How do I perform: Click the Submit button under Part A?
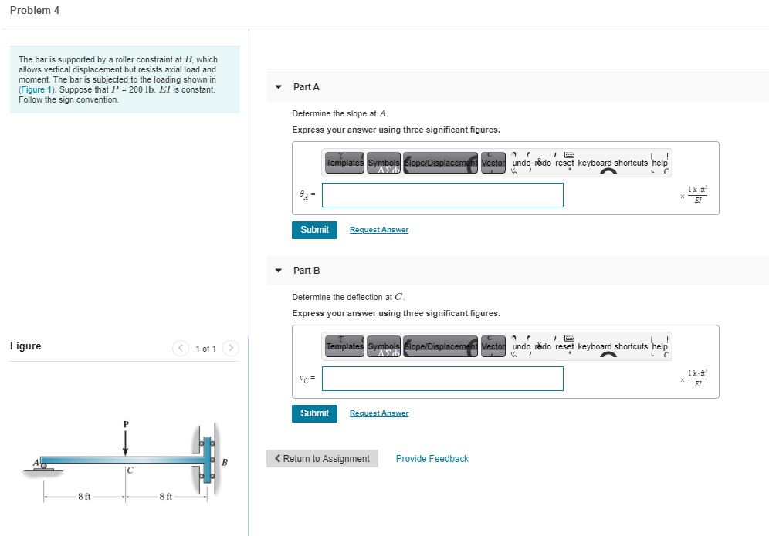314,230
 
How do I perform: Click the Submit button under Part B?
314,413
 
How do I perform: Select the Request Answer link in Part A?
378,230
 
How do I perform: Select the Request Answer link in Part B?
378,413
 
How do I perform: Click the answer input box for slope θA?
442,195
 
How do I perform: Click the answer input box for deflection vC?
442,379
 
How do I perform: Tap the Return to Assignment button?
322,459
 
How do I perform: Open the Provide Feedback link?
432,459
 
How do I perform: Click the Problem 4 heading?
35,10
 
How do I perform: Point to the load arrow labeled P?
126,443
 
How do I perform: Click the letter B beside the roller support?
225,463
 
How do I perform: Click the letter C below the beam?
130,470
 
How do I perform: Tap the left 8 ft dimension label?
84,496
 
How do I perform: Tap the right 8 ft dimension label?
166,496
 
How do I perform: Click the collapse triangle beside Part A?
279,87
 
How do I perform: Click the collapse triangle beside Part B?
279,271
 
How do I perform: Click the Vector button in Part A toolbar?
493,163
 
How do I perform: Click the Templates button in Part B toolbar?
344,346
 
